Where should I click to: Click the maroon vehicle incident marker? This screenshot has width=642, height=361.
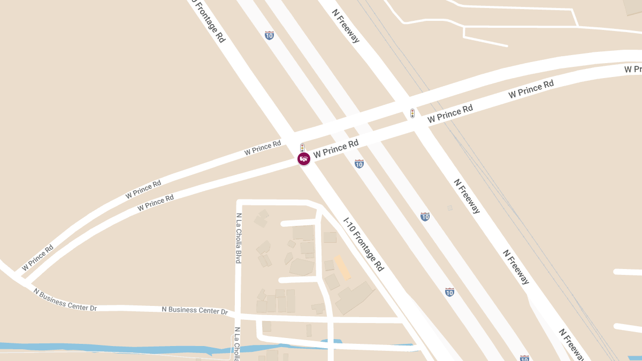(304, 158)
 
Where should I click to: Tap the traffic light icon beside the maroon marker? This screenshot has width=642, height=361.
(302, 147)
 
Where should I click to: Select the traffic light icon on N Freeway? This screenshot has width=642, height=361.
(412, 113)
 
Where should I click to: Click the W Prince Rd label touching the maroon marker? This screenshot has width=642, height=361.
(336, 149)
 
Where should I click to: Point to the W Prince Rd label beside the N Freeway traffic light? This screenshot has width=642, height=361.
(450, 114)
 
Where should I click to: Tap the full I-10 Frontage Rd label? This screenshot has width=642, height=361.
(364, 244)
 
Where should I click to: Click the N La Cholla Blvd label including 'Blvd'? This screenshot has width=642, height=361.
(239, 238)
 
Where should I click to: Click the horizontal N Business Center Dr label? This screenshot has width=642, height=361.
(195, 310)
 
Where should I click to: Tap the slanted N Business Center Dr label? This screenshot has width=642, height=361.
(65, 299)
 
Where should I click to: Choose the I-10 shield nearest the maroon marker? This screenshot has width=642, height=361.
(359, 164)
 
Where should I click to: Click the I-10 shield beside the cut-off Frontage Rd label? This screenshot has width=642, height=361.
(269, 35)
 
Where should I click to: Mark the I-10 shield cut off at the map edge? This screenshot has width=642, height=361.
(524, 358)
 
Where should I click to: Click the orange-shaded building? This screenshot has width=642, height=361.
(342, 267)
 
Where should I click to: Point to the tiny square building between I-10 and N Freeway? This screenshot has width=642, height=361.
(450, 208)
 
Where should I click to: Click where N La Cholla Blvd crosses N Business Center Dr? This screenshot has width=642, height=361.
(239, 314)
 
